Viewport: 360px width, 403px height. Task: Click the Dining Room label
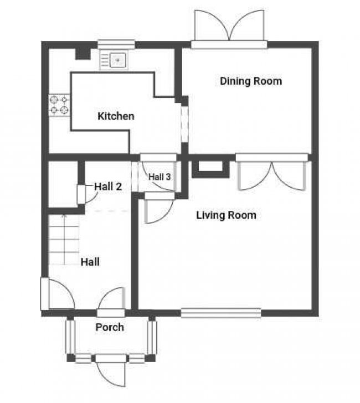click(251, 81)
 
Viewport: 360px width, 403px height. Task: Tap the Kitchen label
click(116, 116)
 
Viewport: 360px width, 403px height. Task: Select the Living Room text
click(227, 215)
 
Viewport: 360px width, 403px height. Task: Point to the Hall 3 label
click(160, 177)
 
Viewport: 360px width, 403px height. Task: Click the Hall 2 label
click(108, 187)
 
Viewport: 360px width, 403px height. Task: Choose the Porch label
click(110, 327)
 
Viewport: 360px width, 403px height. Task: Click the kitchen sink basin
click(118, 60)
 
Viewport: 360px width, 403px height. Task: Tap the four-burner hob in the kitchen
click(59, 105)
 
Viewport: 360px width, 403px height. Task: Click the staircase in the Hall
click(64, 240)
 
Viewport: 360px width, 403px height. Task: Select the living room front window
click(221, 313)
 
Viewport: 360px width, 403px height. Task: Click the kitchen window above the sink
click(116, 44)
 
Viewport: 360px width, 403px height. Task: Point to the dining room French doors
click(229, 29)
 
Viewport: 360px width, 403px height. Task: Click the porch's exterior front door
click(111, 370)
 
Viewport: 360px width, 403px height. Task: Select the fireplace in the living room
click(210, 169)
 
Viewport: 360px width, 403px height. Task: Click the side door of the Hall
click(57, 294)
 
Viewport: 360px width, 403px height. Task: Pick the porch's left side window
click(70, 337)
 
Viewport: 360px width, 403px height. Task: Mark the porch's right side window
click(152, 337)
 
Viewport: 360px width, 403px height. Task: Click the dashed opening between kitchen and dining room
click(184, 124)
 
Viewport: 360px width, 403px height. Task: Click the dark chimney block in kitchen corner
click(83, 54)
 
